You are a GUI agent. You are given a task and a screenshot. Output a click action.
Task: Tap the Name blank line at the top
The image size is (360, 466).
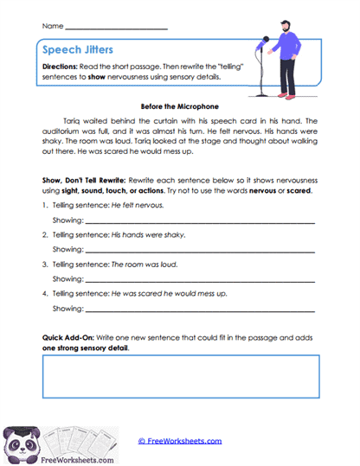[116, 28]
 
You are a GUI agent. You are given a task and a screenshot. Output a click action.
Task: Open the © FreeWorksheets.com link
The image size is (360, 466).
[179, 441]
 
